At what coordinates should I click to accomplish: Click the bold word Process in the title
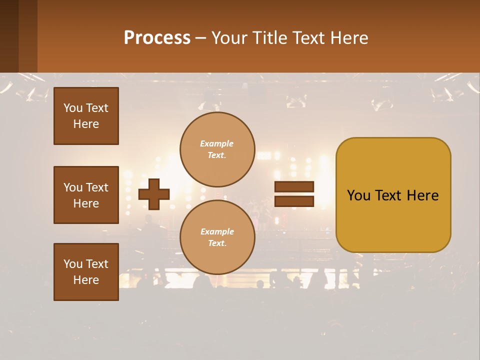click(x=157, y=37)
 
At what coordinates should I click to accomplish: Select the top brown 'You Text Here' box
click(x=86, y=116)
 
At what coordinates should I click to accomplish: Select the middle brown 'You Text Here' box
click(x=86, y=195)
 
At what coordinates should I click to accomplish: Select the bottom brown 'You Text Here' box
click(x=86, y=272)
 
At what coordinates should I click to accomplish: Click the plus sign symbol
click(x=154, y=194)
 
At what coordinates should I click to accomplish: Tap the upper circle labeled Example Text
click(x=217, y=149)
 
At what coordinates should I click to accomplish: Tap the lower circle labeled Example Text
click(x=217, y=237)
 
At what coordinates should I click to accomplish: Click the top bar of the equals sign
click(x=294, y=187)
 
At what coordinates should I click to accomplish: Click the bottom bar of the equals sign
click(x=294, y=201)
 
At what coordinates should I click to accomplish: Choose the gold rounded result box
click(x=393, y=195)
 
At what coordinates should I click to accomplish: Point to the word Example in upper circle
click(x=216, y=143)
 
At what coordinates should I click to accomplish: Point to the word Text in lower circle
click(x=216, y=243)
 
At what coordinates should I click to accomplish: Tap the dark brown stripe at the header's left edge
click(x=9, y=36)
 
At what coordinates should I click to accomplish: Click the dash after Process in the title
click(x=200, y=38)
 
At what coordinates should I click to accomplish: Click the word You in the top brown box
click(x=72, y=108)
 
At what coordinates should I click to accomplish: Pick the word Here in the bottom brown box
click(x=86, y=280)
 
